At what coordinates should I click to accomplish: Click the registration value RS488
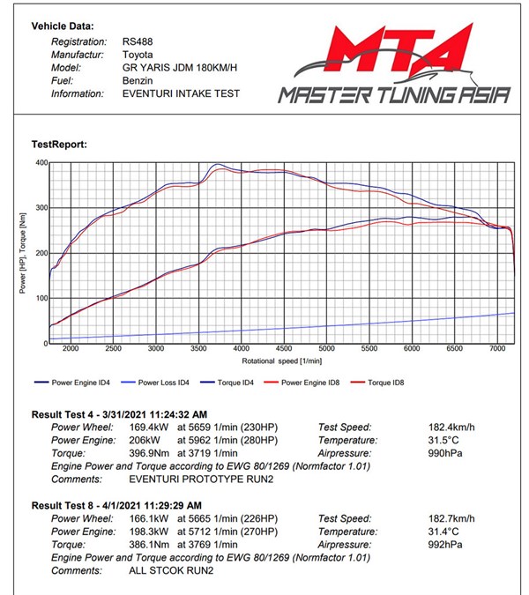(138, 41)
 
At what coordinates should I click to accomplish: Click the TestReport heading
(59, 144)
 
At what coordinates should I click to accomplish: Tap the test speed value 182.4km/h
(450, 427)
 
